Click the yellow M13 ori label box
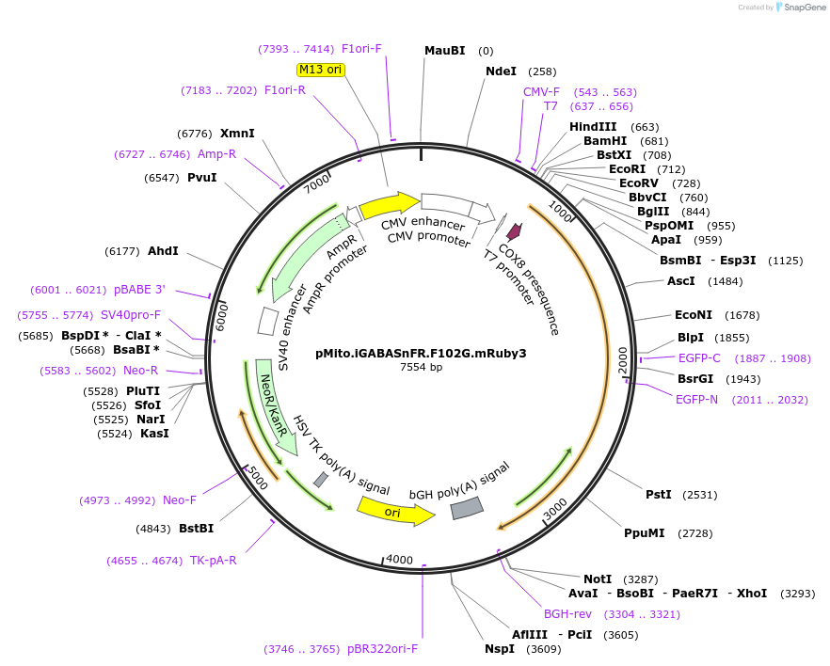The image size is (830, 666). (x=321, y=69)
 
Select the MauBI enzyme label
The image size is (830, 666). (x=444, y=51)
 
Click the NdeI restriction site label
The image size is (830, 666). (x=501, y=71)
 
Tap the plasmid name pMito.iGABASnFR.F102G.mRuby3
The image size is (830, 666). (x=421, y=354)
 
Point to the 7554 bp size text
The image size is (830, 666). (x=421, y=368)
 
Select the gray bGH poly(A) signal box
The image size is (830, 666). (x=467, y=508)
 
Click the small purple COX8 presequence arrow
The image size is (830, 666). (x=514, y=231)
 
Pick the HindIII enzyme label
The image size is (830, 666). (x=593, y=127)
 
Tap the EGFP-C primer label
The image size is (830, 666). (x=699, y=358)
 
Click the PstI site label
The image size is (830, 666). (x=658, y=495)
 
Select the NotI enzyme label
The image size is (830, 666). (x=597, y=579)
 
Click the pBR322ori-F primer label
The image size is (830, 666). (x=382, y=649)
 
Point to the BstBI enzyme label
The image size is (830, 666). (x=196, y=529)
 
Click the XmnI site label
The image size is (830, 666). (x=237, y=134)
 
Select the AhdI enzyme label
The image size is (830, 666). (x=163, y=251)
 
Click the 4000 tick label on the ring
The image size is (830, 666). (x=400, y=560)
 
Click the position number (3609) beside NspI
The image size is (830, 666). (x=543, y=649)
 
